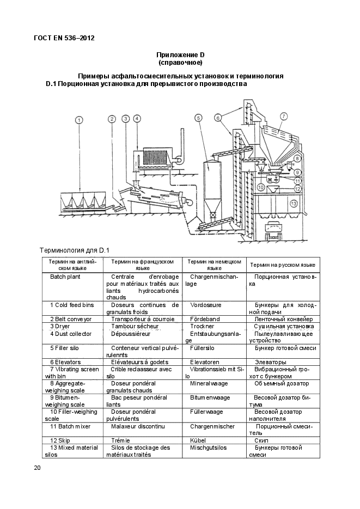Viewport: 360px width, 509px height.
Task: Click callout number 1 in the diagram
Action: point(79,120)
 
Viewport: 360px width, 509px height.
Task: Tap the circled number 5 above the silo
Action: point(199,118)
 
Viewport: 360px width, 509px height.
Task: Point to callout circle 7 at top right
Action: point(284,116)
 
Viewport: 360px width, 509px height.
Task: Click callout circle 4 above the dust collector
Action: point(137,119)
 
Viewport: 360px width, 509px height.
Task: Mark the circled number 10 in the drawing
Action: point(261,187)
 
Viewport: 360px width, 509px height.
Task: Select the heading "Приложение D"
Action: point(180,55)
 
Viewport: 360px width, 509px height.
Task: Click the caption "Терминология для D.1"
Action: point(75,250)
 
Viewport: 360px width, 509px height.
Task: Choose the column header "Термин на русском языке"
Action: point(282,265)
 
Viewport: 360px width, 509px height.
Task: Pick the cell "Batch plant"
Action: point(65,277)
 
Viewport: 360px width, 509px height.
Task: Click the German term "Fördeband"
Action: point(205,319)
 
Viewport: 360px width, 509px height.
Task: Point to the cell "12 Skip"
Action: point(62,440)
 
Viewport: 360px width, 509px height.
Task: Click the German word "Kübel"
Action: point(198,440)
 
